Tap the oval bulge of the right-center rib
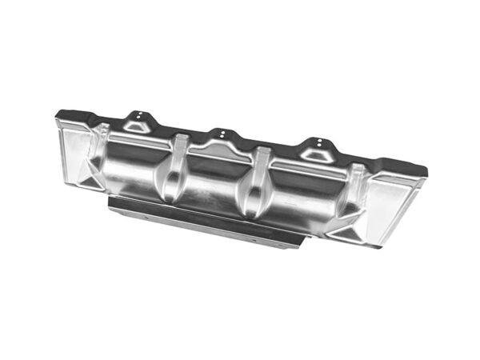[254, 197]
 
